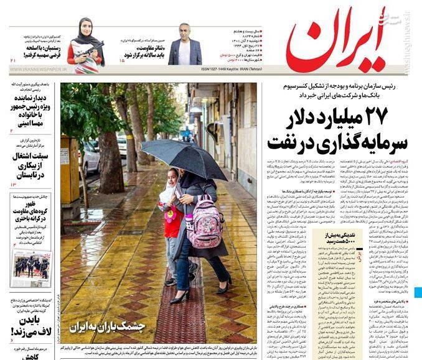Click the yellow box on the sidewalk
(69, 168)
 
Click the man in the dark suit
(185, 46)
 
